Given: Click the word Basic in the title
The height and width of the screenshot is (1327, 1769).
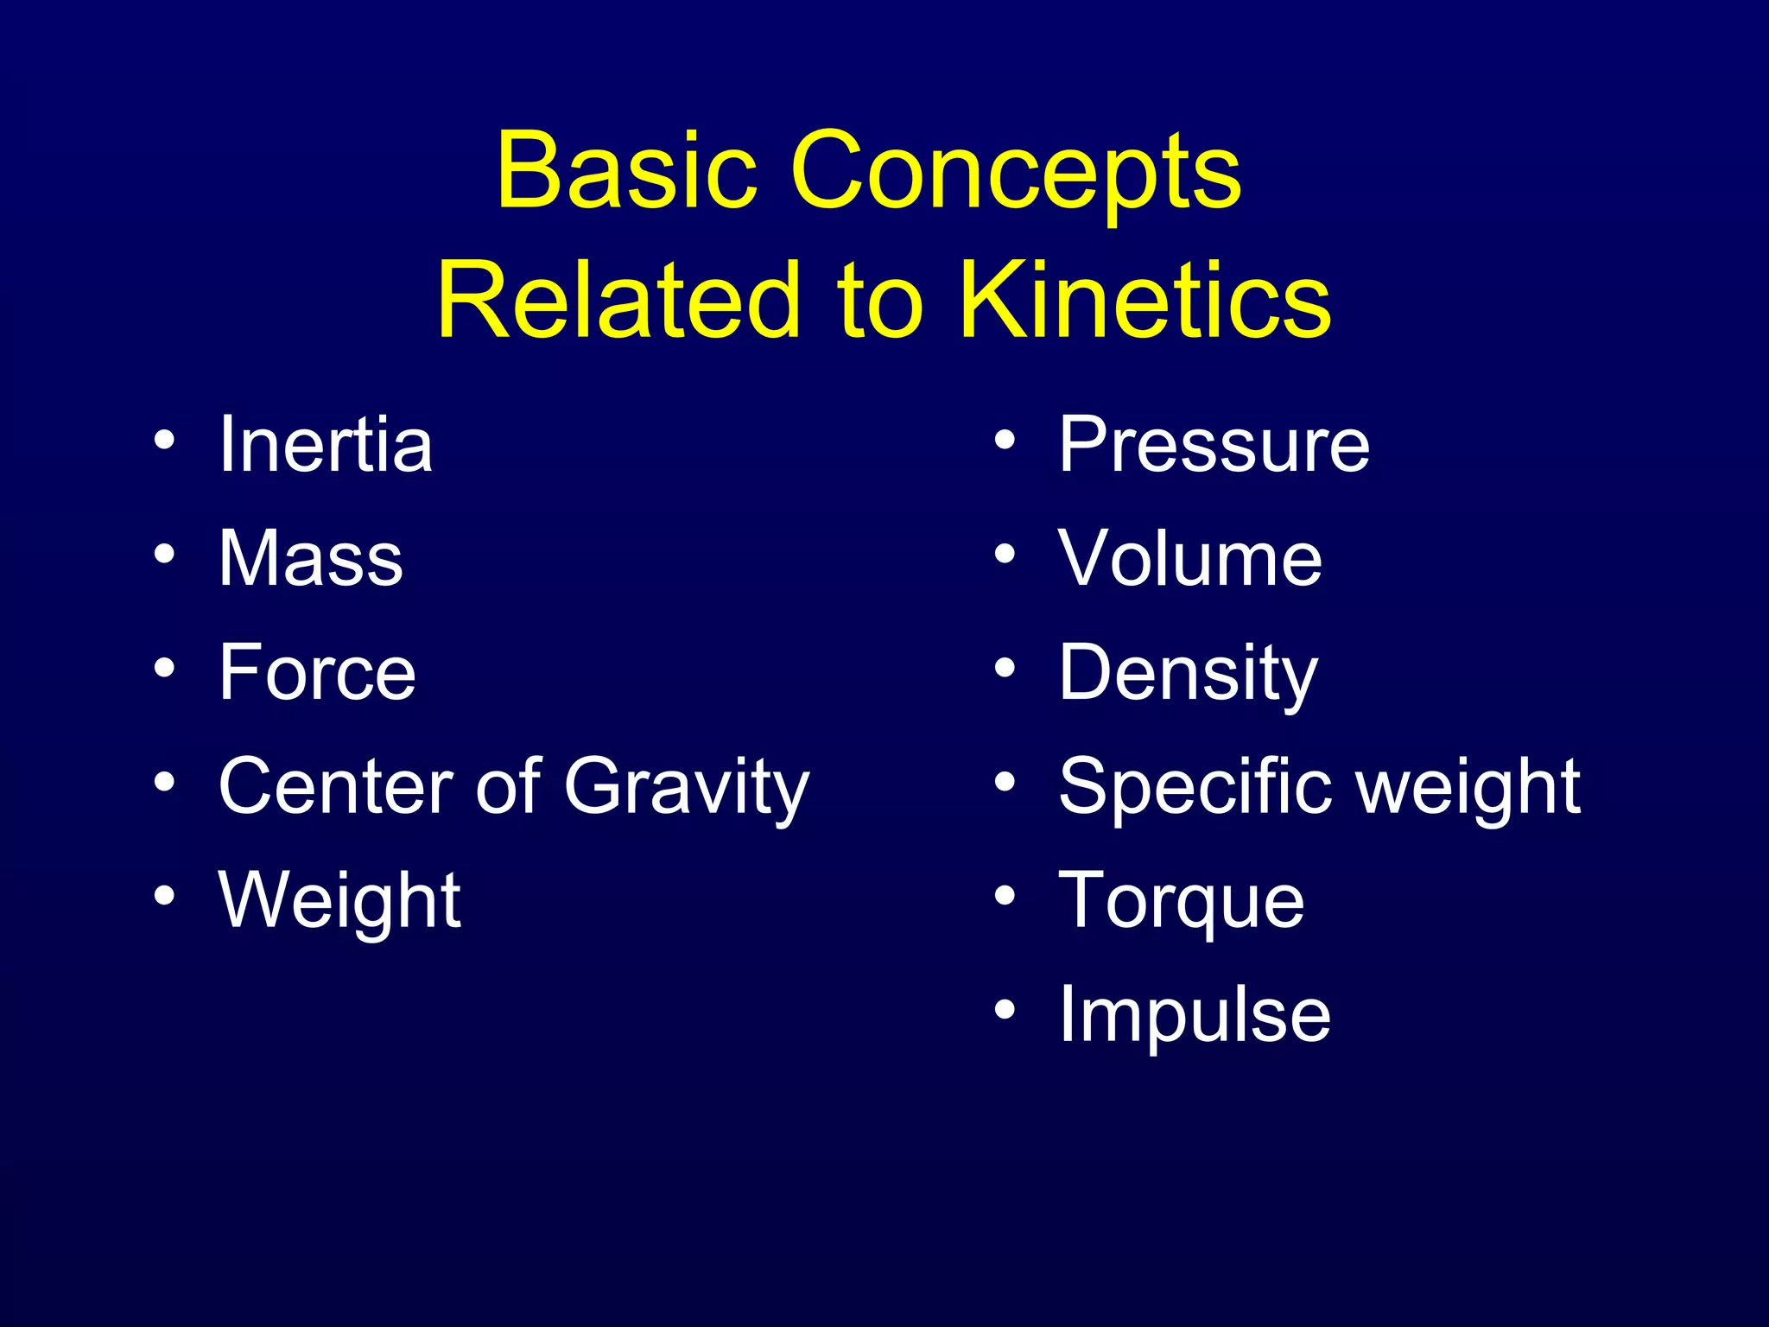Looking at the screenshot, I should point(627,170).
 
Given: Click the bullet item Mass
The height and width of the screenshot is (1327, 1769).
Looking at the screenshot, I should point(311,558).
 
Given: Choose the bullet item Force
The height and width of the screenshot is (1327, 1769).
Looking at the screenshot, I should point(317,672).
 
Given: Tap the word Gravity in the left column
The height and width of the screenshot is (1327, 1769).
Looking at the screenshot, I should point(687,786).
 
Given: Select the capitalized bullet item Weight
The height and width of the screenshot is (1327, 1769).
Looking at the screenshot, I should point(340,900).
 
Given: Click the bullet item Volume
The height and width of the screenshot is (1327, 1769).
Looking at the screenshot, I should point(1190,558).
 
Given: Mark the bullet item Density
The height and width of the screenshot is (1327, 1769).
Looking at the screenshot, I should point(1189,674).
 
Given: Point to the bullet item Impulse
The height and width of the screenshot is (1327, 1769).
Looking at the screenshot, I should point(1195,1014).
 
